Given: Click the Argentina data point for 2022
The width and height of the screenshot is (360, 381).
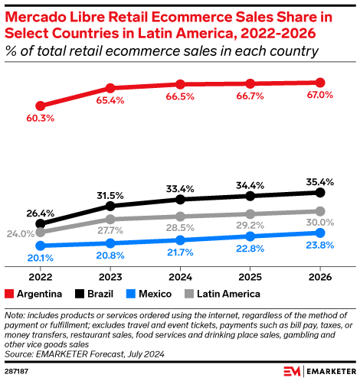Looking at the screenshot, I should click(41, 106).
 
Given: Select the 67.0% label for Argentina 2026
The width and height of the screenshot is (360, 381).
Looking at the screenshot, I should click(319, 95).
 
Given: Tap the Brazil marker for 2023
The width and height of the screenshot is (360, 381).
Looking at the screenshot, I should click(110, 206).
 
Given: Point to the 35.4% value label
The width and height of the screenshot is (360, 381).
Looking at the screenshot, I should click(319, 181).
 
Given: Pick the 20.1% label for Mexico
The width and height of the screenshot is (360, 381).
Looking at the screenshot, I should click(41, 258).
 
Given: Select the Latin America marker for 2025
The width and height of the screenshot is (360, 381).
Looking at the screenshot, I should click(250, 214).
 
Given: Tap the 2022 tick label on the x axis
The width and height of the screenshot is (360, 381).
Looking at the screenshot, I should click(41, 277).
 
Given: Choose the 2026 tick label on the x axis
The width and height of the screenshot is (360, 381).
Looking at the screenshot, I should click(319, 277).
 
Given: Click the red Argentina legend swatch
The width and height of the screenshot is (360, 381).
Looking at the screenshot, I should click(9, 293).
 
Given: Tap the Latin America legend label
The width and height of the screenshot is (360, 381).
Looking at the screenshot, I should click(230, 293).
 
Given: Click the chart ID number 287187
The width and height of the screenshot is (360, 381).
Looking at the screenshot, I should click(18, 371).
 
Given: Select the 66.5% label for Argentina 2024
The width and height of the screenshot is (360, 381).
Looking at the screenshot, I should click(180, 96).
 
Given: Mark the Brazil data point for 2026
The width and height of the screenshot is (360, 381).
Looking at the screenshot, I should click(319, 192).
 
